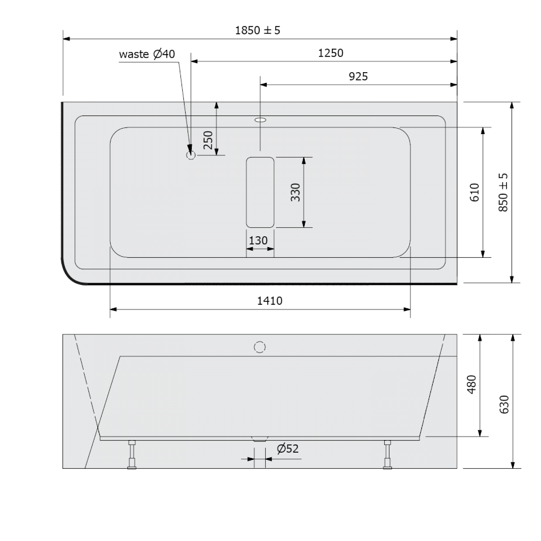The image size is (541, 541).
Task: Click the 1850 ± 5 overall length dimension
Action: pos(257,31)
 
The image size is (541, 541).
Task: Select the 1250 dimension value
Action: pos(331,53)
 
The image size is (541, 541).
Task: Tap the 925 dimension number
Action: pos(358,76)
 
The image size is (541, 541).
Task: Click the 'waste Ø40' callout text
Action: pos(147,54)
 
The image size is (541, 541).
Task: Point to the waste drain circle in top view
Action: pos(191,155)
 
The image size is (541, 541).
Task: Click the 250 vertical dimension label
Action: pos(208,140)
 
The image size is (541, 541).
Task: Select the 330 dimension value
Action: pos(295,192)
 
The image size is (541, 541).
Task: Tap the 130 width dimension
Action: pos(258,240)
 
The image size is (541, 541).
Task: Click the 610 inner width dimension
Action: pos(474,192)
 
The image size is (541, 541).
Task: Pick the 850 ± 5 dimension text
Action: pos(503,192)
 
